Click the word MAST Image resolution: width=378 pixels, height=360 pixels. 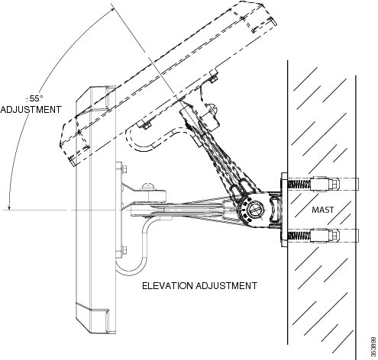[x=322, y=210]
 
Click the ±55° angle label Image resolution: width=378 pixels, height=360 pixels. [x=34, y=98]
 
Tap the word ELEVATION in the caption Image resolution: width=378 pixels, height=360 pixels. [x=167, y=286]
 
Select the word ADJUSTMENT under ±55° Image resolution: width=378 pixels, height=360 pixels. [x=31, y=110]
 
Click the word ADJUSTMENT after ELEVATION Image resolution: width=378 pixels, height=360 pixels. [x=226, y=286]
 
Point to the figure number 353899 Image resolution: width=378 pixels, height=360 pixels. [x=373, y=347]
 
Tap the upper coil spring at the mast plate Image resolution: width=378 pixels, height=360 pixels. [x=299, y=185]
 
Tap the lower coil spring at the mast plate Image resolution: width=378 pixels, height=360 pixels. [x=299, y=236]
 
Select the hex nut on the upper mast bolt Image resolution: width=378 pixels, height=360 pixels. [x=334, y=185]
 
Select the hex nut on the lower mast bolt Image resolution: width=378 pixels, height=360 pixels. [x=334, y=236]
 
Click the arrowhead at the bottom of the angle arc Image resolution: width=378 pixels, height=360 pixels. [x=9, y=207]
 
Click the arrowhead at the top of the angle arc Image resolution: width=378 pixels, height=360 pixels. [x=111, y=10]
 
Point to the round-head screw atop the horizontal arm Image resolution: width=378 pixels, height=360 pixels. [x=149, y=186]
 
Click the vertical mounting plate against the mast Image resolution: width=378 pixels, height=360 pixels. [x=284, y=210]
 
